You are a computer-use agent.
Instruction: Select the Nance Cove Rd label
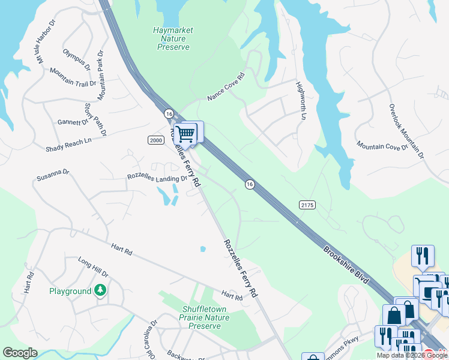[226, 87]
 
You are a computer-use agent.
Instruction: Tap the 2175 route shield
[307, 205]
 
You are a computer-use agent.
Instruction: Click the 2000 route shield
[155, 140]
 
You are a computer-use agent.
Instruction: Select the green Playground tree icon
[101, 291]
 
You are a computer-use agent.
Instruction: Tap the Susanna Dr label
[53, 175]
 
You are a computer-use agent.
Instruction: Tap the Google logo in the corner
[20, 353]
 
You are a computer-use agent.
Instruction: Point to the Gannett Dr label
[73, 122]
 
